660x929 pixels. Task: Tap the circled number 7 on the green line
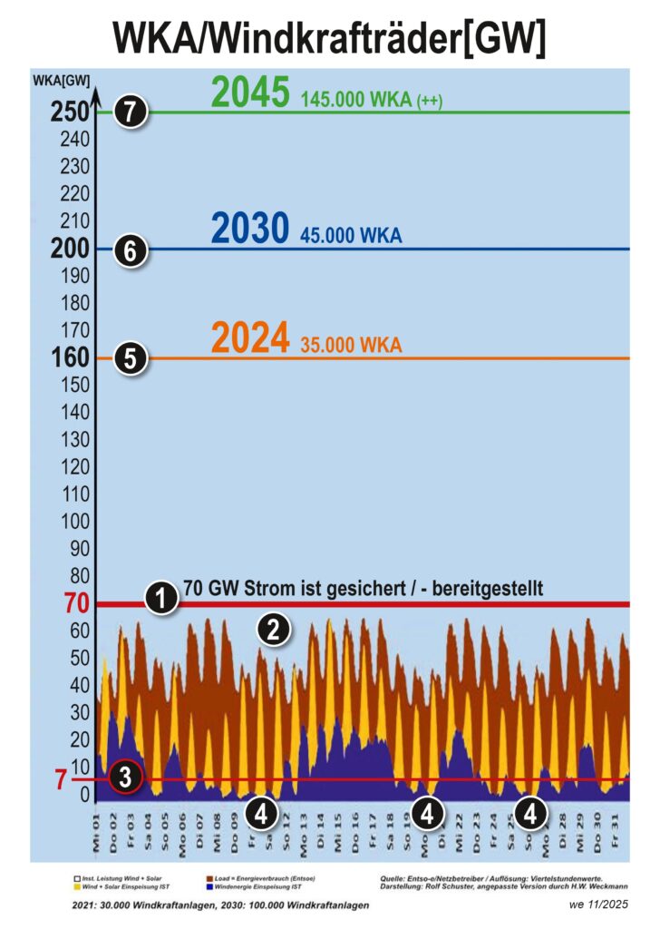click(x=131, y=112)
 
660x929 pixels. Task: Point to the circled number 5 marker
click(x=131, y=358)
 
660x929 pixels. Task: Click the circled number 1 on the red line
click(x=160, y=598)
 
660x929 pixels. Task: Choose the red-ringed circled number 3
click(x=125, y=776)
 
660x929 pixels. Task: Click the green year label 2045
click(x=250, y=92)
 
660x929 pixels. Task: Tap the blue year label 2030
click(x=250, y=230)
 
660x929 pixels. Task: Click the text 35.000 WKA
click(x=350, y=346)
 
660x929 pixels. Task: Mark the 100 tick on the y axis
click(x=74, y=523)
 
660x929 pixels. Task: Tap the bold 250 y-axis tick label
click(x=71, y=112)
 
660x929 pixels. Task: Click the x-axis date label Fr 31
click(x=616, y=829)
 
